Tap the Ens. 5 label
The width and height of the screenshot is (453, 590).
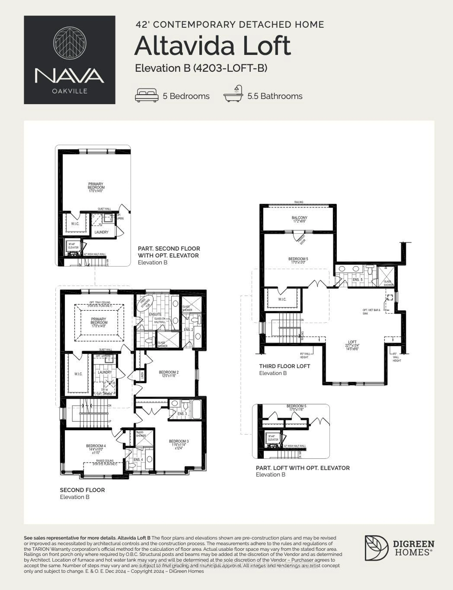(x=358, y=280)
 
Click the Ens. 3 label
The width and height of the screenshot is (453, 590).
(x=182, y=414)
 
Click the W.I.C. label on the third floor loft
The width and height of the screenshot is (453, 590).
(x=282, y=299)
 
